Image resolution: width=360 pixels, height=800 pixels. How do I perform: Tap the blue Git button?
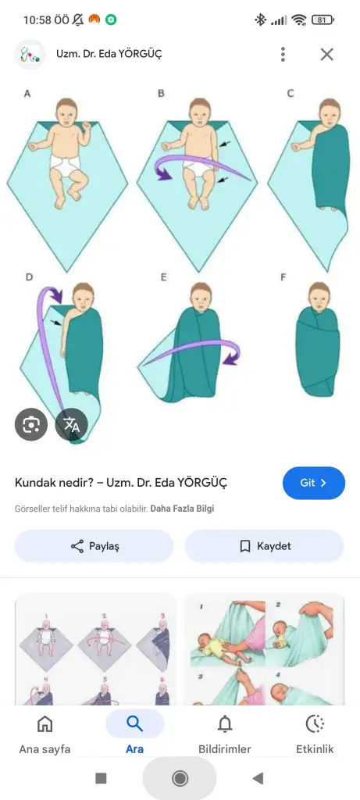coord(314,483)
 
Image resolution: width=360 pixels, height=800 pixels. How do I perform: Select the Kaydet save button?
coord(264,546)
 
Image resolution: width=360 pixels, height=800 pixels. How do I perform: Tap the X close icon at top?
coord(327,54)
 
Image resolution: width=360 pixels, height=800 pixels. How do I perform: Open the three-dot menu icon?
coord(283,54)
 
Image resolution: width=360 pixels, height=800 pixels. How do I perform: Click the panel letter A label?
coord(27,94)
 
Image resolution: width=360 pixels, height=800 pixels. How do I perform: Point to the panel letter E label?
coord(164,277)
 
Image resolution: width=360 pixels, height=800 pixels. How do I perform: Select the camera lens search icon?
coord(31,424)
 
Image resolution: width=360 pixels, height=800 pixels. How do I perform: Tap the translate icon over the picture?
coord(71,424)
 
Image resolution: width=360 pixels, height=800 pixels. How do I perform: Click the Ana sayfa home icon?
coord(45,723)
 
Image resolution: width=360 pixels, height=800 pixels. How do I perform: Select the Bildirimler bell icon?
coord(224,723)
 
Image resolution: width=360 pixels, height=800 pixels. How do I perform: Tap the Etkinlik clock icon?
coord(315,723)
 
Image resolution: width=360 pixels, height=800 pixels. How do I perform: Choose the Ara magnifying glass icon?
coord(134,723)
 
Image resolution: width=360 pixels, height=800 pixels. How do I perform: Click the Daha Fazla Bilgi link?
coord(182,509)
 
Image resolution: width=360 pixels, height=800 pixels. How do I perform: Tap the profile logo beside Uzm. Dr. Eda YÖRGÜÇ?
coord(30,54)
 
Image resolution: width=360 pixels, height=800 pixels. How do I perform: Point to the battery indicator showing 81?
coord(323,20)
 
